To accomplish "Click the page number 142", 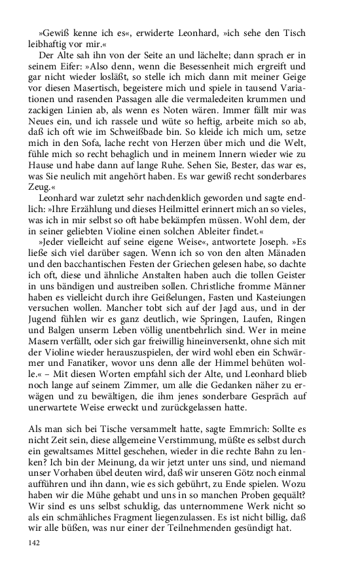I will [x=33, y=543].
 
